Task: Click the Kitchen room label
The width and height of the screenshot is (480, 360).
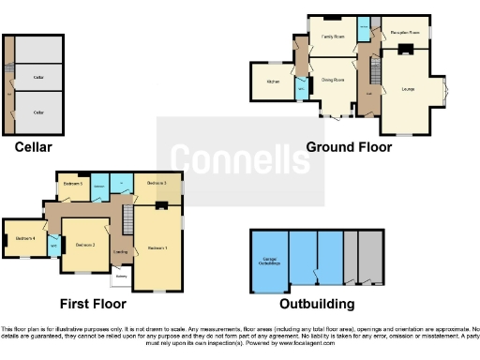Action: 273,82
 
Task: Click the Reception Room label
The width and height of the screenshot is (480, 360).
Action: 405,31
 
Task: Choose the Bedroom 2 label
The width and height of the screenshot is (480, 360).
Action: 86,245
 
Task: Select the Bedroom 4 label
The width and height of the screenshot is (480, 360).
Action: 24,238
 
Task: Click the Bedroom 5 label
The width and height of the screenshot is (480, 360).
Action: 73,184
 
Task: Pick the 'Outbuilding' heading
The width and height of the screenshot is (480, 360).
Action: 317,304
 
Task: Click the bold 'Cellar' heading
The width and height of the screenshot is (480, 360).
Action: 33,146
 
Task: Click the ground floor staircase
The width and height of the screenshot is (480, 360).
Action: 369,70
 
